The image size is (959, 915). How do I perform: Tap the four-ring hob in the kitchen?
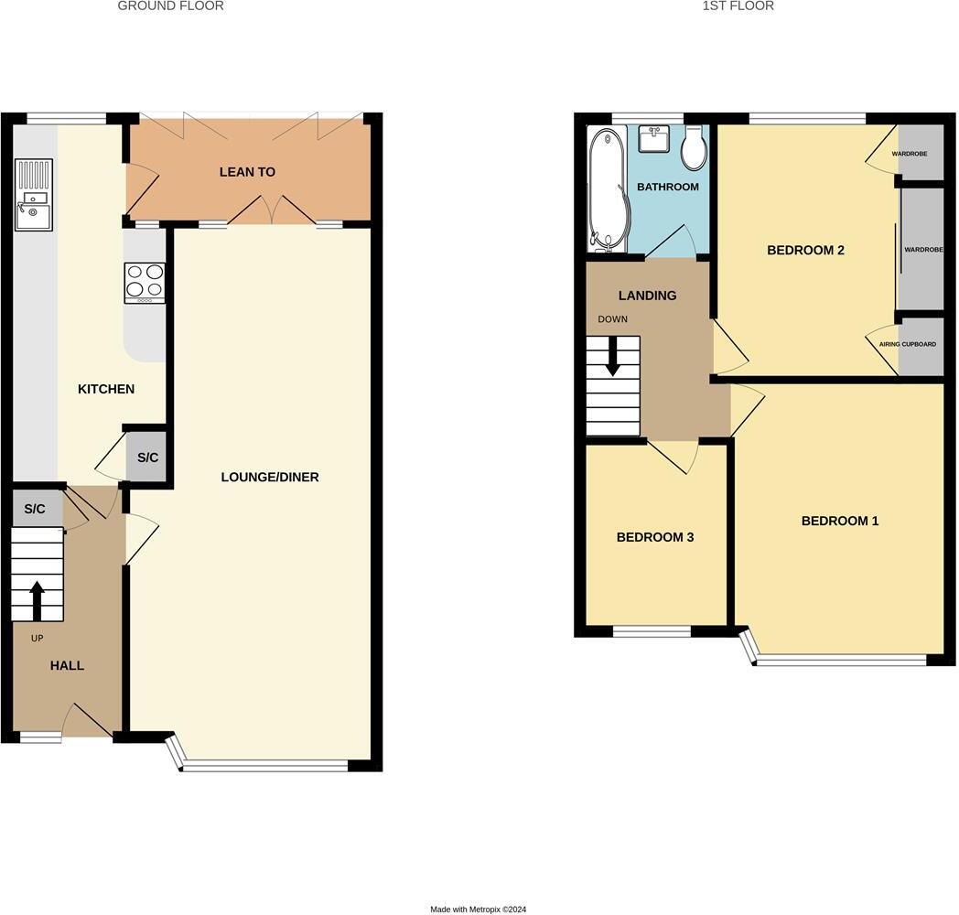click(145, 283)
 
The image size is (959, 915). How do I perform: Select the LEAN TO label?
click(247, 172)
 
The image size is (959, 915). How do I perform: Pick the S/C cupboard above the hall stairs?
click(35, 509)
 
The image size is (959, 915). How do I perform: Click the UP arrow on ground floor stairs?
click(38, 600)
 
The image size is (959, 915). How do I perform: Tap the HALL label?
click(67, 665)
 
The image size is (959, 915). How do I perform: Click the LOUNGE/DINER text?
click(269, 477)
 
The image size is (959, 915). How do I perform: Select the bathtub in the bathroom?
click(605, 190)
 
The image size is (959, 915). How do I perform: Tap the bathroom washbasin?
click(653, 139)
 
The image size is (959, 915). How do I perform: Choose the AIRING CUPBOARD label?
click(907, 344)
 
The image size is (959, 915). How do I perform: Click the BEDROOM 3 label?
click(654, 537)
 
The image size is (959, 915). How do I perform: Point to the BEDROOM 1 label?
click(839, 521)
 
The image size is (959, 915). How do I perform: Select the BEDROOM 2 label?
click(805, 250)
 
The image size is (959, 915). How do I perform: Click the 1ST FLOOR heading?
click(738, 5)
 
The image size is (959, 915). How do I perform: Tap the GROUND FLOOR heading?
click(171, 5)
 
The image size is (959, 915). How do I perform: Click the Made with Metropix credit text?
click(479, 910)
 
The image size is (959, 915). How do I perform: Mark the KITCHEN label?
click(106, 389)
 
